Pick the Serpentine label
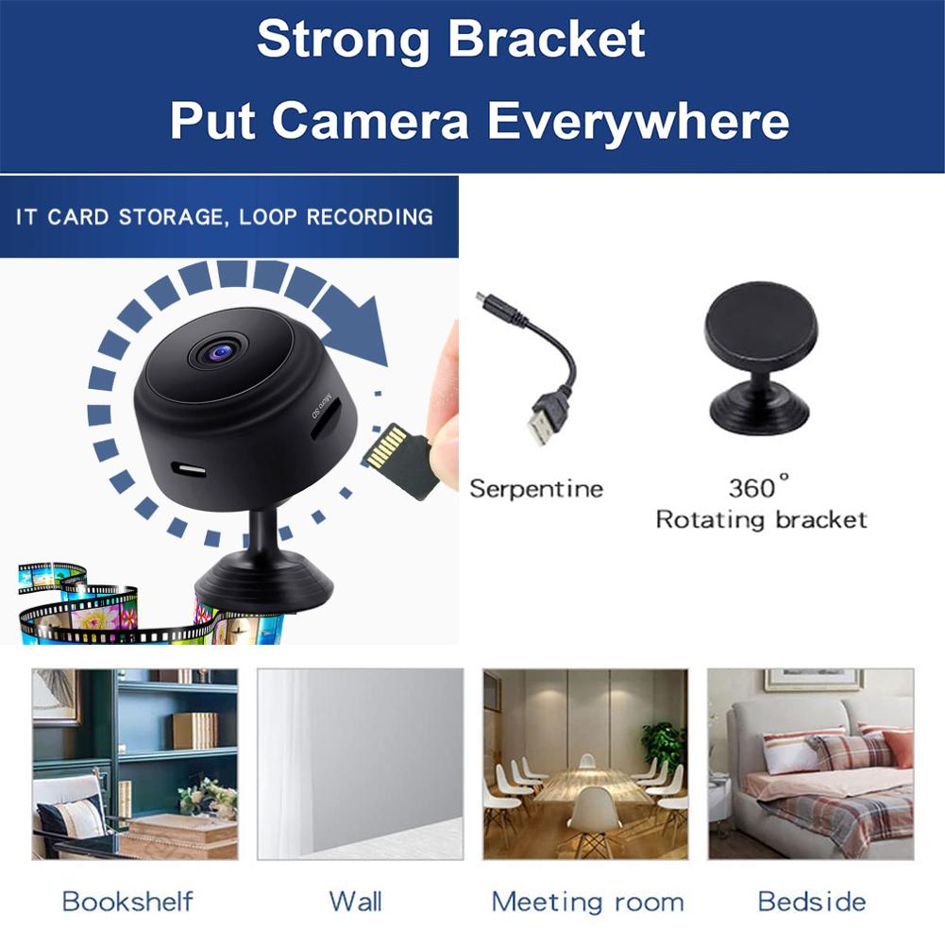(x=535, y=489)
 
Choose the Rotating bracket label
(x=761, y=519)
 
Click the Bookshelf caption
(x=127, y=901)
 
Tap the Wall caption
(x=355, y=901)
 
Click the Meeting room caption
(x=587, y=901)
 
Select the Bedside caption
(x=812, y=901)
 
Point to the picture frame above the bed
(x=813, y=680)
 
